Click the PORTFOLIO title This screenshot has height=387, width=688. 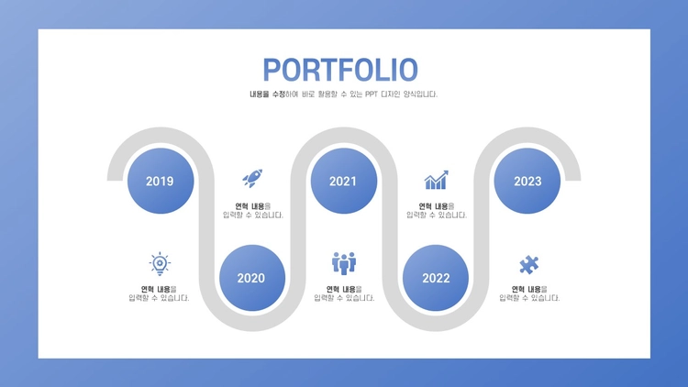pos(340,70)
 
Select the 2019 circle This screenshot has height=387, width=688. pos(161,181)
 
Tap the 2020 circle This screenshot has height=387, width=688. pos(252,278)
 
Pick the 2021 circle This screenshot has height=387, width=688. pos(344,181)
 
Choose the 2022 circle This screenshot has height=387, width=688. pos(436,278)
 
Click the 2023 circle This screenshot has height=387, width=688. pos(527,181)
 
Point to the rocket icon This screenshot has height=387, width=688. pos(252,178)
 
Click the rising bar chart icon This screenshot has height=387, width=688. pos(436,180)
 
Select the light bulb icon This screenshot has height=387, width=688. pos(160,264)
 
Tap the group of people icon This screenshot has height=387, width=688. pos(344,263)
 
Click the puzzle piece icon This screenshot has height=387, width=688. pos(528,265)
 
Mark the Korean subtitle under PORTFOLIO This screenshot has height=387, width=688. pos(344,94)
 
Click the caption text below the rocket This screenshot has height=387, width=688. pos(253,211)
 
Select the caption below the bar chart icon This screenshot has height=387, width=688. pos(437,211)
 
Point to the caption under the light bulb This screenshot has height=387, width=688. pos(159,293)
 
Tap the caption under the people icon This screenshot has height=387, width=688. pos(344,293)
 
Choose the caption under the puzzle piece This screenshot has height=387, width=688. pos(529,293)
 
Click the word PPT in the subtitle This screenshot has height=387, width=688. pos(372,94)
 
